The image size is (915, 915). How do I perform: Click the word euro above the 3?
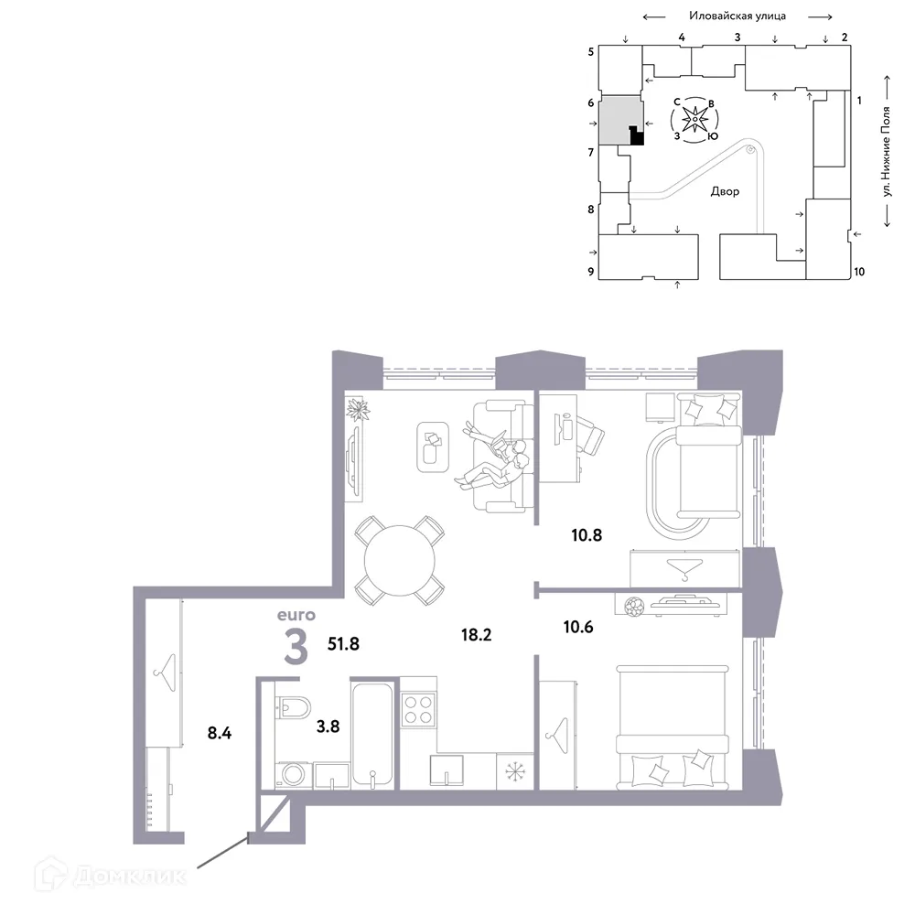coord(295,615)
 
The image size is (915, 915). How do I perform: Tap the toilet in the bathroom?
coord(296,706)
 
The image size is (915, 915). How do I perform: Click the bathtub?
coord(374,732)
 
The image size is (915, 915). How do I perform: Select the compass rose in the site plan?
coord(695,120)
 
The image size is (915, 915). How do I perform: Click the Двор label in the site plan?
coord(725,193)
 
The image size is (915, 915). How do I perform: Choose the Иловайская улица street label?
coord(738,16)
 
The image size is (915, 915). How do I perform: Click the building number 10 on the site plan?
coord(858,272)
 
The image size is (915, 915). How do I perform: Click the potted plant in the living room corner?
coord(356,409)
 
